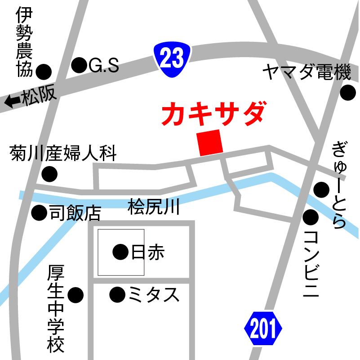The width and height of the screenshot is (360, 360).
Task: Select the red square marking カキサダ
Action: click(x=210, y=143)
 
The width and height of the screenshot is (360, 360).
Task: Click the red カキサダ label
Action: click(x=212, y=114)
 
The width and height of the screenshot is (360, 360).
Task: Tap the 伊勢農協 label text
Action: click(x=24, y=43)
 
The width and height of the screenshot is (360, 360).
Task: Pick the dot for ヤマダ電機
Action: click(x=347, y=93)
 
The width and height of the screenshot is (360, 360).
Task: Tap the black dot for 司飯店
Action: click(x=40, y=212)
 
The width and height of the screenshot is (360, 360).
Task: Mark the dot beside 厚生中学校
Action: click(x=76, y=295)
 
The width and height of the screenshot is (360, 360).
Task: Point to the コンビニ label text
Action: click(x=311, y=263)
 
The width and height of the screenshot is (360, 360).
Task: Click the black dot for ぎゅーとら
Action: click(x=322, y=189)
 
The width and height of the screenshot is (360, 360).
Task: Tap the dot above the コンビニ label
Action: click(x=311, y=218)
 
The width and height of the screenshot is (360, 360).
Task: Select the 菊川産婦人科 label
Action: click(x=63, y=154)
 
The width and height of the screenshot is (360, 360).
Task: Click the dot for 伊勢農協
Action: click(x=44, y=71)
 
